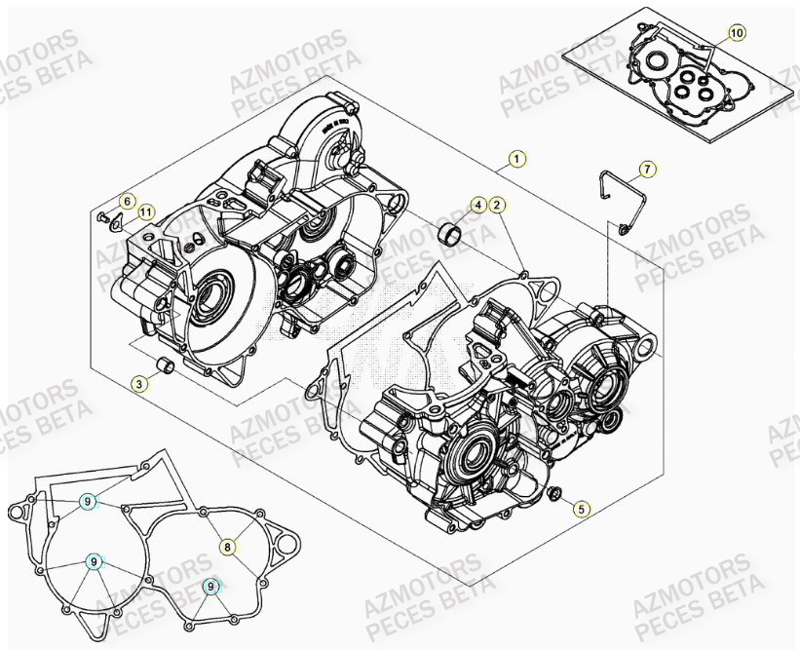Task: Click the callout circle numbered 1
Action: pyautogui.click(x=517, y=158)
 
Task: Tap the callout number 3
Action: pyautogui.click(x=140, y=384)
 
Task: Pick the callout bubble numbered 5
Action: pyautogui.click(x=581, y=508)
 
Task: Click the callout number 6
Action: pyautogui.click(x=125, y=201)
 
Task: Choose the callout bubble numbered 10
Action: pyautogui.click(x=736, y=33)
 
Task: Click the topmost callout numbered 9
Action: pyautogui.click(x=88, y=502)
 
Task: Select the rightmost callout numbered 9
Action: pyautogui.click(x=211, y=586)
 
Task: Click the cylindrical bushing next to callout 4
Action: pyautogui.click(x=451, y=234)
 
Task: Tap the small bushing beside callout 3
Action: pyautogui.click(x=167, y=366)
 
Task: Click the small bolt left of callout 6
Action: pyautogui.click(x=102, y=215)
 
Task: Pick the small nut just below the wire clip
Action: pyautogui.click(x=622, y=230)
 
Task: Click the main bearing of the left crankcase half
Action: pyautogui.click(x=210, y=303)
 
